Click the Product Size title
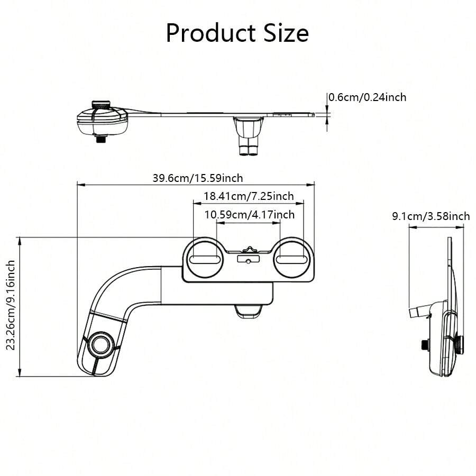[237, 33]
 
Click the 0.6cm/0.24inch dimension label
[368, 97]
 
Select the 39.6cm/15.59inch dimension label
[198, 178]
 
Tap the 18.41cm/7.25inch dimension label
[249, 196]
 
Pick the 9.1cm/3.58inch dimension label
[431, 216]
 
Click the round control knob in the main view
[100, 344]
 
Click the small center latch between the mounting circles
[249, 250]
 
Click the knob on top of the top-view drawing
[100, 104]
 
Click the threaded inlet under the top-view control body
[100, 140]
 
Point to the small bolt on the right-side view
[425, 344]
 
